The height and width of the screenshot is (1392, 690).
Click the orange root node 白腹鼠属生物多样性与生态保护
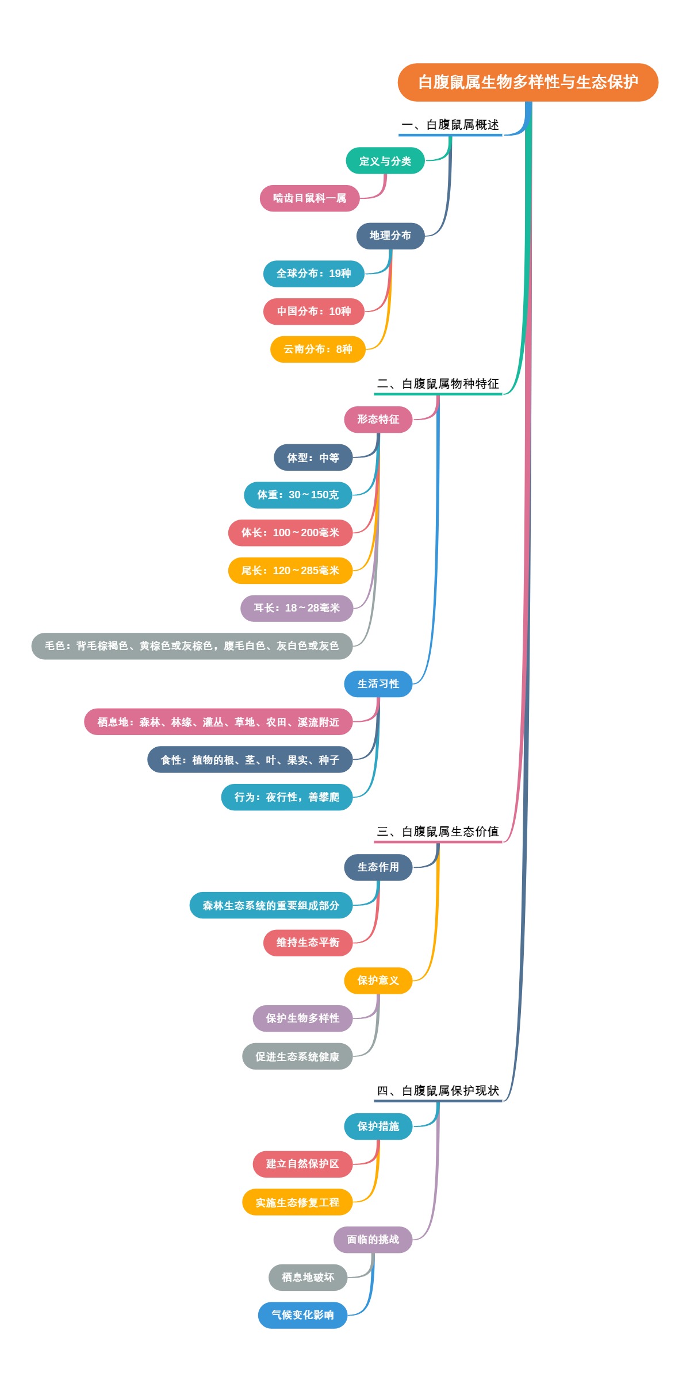coord(527,82)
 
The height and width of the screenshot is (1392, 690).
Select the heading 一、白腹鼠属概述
coord(450,125)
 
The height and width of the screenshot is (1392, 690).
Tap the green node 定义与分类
coord(385,161)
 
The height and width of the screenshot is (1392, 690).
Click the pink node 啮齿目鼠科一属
coord(309,198)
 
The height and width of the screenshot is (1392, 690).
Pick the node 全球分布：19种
coord(313,274)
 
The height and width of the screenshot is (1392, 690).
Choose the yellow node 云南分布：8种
coord(317,349)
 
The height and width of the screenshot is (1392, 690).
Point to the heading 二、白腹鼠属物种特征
coord(438,384)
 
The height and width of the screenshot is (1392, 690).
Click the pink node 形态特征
coord(378,420)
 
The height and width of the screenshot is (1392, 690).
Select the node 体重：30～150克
coord(297,495)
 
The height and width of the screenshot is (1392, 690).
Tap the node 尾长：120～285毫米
coord(290,571)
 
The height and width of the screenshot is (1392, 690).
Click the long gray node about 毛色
coord(191,646)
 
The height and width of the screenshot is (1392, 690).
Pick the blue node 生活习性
coord(378,684)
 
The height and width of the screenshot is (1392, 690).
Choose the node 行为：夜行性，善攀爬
coord(286,797)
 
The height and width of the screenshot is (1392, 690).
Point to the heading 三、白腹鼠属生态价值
coord(438,832)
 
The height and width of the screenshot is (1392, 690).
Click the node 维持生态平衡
coord(308,943)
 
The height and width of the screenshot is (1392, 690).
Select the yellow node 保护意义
coord(378,980)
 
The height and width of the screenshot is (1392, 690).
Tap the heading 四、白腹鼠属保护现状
coord(438,1091)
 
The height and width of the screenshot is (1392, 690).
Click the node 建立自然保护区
coord(302,1164)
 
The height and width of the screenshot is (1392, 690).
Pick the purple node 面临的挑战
coord(373,1240)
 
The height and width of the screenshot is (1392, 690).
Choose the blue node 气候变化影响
coord(302,1315)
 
